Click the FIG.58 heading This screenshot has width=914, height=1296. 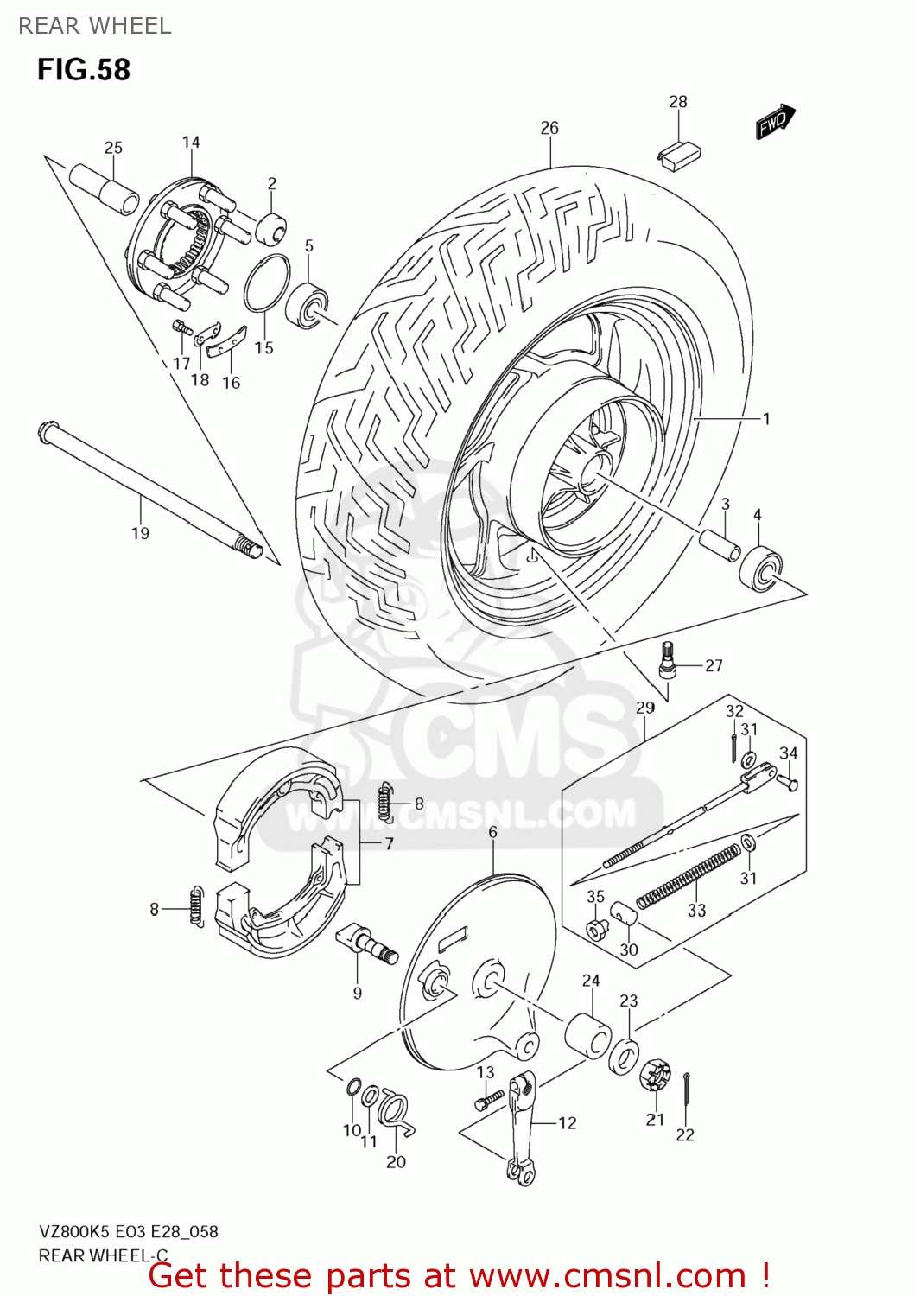coord(84,69)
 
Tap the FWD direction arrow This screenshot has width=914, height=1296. coord(775,121)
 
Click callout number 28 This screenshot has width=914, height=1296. coord(678,102)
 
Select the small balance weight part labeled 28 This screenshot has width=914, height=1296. coord(679,154)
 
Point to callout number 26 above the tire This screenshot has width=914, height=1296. coord(549,128)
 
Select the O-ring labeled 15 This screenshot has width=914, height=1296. coord(266,283)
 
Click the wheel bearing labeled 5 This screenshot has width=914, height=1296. coord(308,306)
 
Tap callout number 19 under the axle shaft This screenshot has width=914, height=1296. coord(140,534)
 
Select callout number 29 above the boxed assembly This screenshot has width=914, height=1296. coord(645,708)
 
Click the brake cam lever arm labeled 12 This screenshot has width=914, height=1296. coord(521,1128)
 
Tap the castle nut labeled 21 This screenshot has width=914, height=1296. coord(655,1076)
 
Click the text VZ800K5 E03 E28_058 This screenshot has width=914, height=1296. coord(128,1232)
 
